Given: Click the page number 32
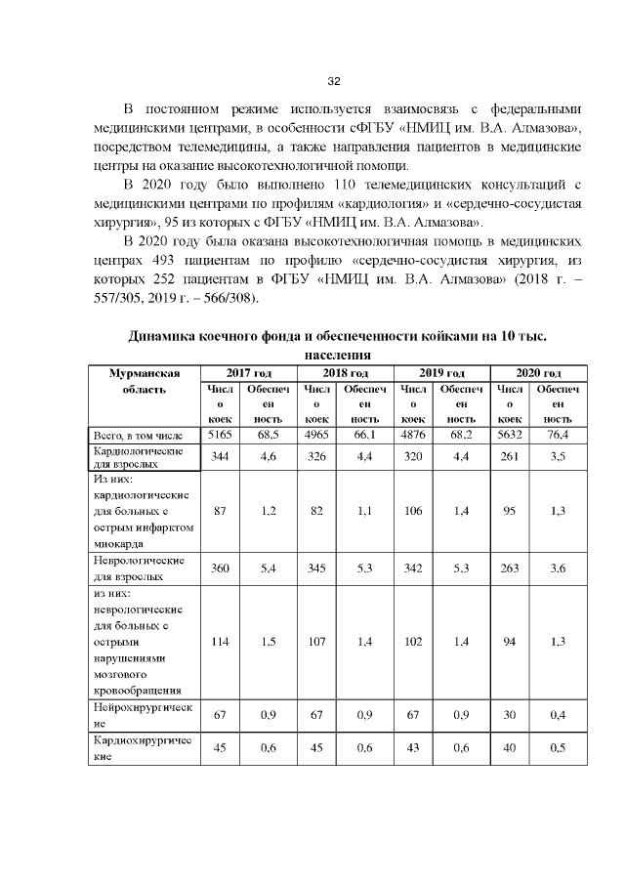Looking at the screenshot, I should coord(333,80).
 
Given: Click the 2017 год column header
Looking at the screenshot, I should coord(248,373).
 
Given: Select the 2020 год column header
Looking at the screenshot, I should coord(538,373).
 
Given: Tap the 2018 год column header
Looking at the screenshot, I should coord(345,373).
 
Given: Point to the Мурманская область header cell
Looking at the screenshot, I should coord(144,381).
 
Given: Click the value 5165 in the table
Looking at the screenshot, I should coord(220,434).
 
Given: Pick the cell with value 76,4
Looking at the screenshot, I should coord(558,434).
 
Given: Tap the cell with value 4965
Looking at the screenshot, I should coord(316,434).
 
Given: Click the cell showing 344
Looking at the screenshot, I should coord(220,456).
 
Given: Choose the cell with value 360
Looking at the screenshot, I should coord(220,568).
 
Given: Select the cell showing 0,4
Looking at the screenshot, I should coord(558,715).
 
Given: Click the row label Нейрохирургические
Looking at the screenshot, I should coord(143,714).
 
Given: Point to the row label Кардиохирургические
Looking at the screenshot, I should coord(143,748).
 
